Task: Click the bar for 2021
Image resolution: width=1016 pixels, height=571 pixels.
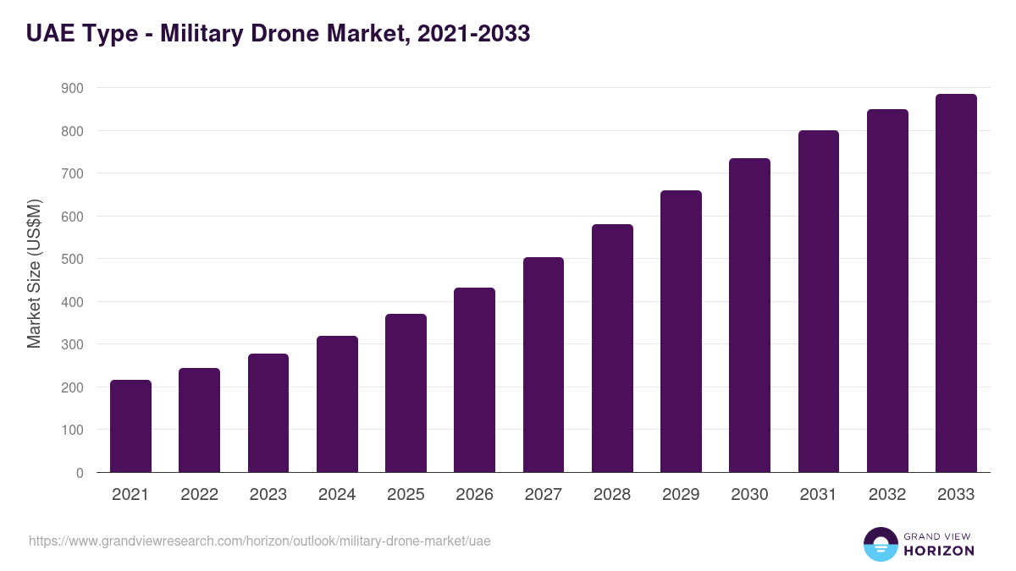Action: (130, 426)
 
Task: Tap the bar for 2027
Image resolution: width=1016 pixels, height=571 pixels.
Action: (544, 365)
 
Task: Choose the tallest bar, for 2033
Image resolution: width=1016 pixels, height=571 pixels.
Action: (956, 283)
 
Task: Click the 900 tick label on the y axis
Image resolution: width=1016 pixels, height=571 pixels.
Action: (73, 88)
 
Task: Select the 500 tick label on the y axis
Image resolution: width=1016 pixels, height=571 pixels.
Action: (73, 259)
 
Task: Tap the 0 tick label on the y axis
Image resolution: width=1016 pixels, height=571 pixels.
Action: (80, 473)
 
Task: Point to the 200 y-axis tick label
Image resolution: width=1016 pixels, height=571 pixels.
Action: (73, 387)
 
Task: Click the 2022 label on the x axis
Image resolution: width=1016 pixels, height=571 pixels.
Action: (199, 495)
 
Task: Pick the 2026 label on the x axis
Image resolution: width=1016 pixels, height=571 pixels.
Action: (474, 495)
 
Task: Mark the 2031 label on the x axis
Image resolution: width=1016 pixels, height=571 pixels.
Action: (819, 495)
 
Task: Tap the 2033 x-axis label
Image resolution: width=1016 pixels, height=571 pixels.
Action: (956, 495)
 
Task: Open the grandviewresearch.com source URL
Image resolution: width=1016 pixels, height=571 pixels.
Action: (260, 541)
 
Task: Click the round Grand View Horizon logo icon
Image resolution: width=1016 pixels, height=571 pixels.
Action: (880, 544)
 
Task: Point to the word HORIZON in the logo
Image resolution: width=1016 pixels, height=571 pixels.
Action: (939, 551)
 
